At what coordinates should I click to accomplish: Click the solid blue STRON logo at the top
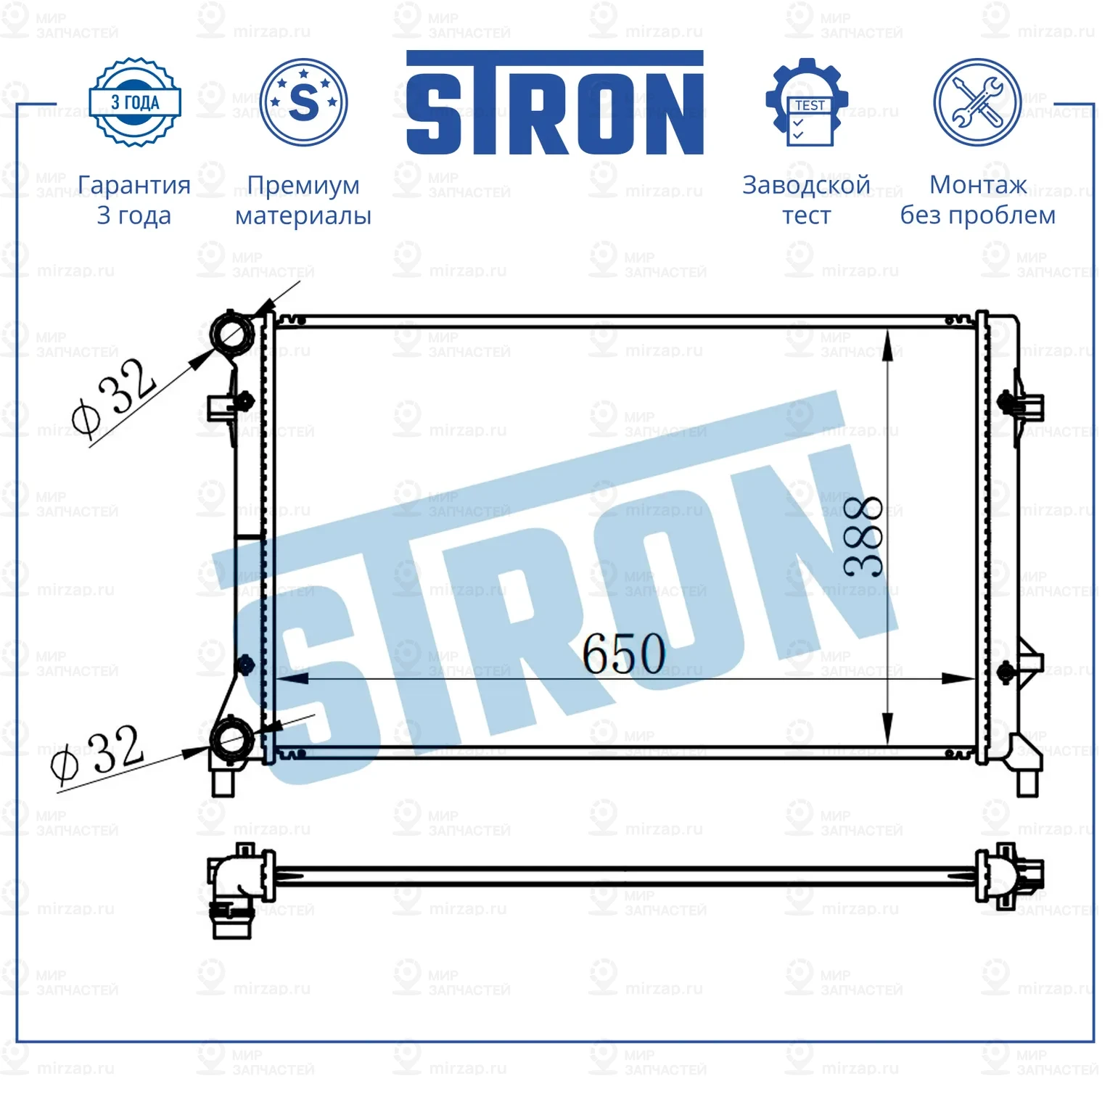(554, 102)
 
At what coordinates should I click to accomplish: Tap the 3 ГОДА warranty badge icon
(135, 102)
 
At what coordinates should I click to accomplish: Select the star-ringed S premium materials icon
(303, 102)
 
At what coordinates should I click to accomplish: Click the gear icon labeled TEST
(806, 102)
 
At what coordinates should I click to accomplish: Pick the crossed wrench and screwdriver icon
(977, 102)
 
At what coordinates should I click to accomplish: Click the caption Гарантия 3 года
(134, 200)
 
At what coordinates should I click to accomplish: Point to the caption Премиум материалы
(303, 200)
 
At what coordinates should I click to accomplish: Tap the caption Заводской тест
(806, 200)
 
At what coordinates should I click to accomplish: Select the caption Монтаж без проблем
(977, 200)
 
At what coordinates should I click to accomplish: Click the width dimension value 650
(624, 654)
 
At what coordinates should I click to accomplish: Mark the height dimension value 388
(864, 537)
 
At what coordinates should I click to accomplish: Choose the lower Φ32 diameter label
(96, 755)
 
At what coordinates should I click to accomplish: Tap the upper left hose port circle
(232, 334)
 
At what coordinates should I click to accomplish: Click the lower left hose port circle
(231, 739)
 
